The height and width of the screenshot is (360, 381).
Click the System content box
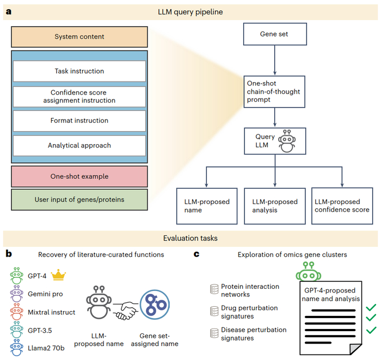click(79, 36)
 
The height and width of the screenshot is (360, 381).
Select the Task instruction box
click(79, 71)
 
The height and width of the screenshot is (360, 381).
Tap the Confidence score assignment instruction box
click(79, 96)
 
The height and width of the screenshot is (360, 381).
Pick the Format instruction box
click(79, 121)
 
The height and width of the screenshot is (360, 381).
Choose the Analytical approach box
click(79, 145)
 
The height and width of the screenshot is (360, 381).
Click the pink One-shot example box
click(79, 176)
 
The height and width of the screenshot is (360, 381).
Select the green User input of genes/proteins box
click(79, 200)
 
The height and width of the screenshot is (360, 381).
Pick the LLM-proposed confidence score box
click(342, 206)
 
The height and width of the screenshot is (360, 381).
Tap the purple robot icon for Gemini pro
click(17, 294)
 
